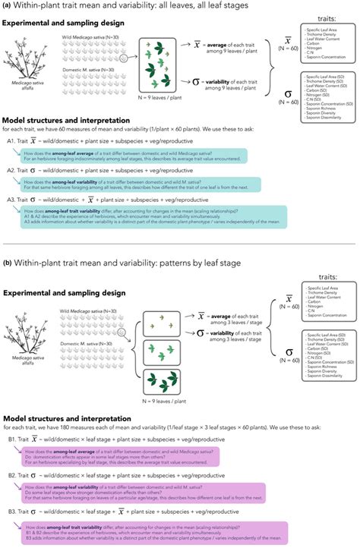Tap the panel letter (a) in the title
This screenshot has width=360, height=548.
coord(8,7)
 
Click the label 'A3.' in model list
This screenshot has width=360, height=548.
coord(13,199)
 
